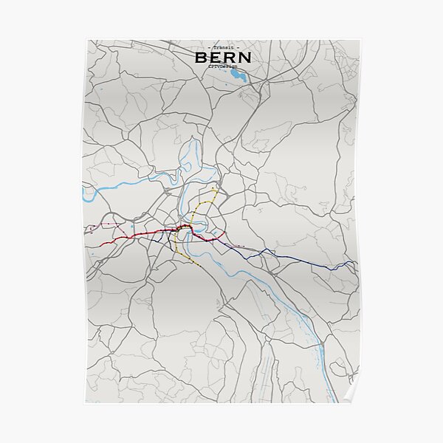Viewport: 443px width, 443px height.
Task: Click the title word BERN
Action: [222, 57]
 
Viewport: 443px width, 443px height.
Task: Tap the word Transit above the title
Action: [222, 47]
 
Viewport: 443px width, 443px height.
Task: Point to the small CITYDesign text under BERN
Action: [222, 66]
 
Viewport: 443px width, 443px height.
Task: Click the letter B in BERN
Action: [202, 57]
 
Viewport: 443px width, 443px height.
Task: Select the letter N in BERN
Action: [243, 57]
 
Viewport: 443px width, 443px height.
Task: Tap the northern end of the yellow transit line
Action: [215, 188]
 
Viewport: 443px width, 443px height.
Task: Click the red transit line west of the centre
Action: [140, 236]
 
